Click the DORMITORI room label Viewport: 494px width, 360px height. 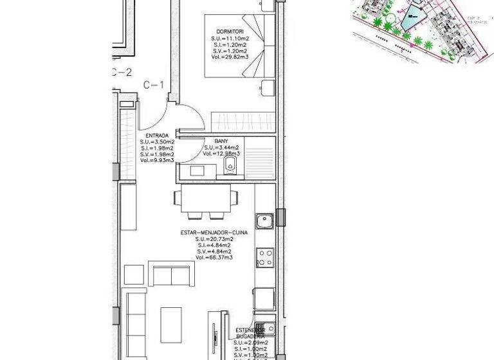(230, 32)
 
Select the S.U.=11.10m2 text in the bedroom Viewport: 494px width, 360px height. (230, 39)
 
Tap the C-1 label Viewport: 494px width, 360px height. (154, 84)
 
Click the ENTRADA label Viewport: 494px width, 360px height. (157, 136)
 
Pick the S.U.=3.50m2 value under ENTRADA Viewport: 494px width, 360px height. (157, 142)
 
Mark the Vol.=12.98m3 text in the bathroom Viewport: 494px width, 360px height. (221, 154)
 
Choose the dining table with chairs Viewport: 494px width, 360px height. (205, 201)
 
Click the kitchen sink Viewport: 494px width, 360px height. (264, 222)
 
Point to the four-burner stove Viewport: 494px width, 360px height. (265, 257)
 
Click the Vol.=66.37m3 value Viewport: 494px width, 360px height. (214, 258)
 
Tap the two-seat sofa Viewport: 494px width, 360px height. (171, 274)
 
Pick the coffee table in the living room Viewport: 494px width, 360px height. (171, 324)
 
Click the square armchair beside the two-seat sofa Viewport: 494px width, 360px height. (134, 274)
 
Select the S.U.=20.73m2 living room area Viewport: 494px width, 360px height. (214, 239)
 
